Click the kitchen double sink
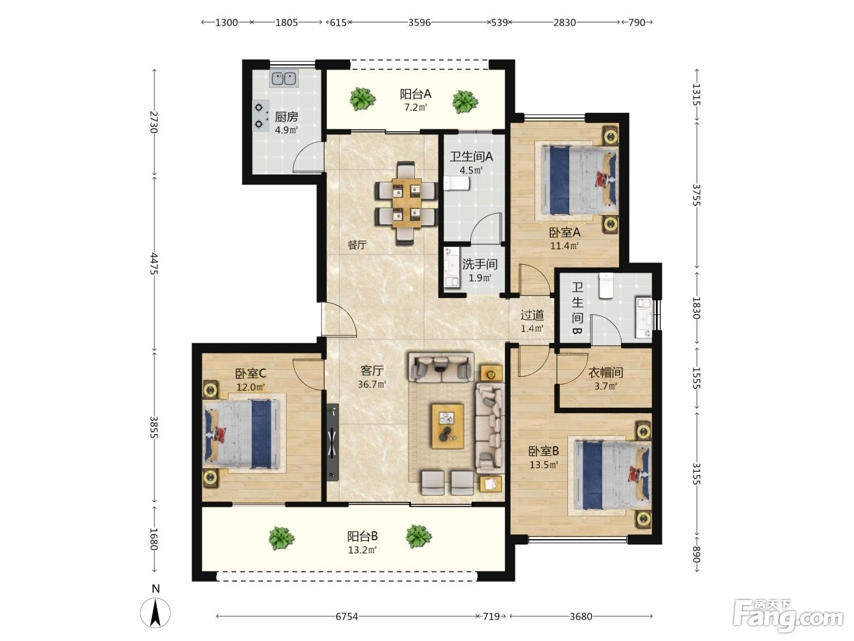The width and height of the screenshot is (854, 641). [x=284, y=79]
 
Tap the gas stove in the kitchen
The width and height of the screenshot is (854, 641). [x=260, y=115]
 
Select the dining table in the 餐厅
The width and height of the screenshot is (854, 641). [x=407, y=203]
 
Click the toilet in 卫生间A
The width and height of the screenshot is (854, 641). [x=456, y=183]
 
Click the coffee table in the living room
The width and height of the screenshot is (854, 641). [x=447, y=426]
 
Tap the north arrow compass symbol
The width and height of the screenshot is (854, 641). [x=155, y=613]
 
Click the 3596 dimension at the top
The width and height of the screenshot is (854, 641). [x=419, y=23]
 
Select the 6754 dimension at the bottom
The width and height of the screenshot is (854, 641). [x=346, y=616]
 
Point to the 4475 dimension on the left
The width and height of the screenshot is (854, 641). [x=154, y=264]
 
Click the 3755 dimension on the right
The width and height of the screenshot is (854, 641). [x=697, y=195]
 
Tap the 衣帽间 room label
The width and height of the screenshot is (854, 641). [x=605, y=372]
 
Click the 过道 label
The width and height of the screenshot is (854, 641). [x=532, y=314]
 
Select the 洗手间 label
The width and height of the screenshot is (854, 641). [x=479, y=264]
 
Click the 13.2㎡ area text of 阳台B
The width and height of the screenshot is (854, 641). [x=362, y=550]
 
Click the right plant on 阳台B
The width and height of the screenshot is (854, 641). [x=418, y=536]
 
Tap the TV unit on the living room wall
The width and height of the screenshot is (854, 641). [x=332, y=442]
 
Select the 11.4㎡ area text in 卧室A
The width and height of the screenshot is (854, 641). [x=564, y=245]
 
